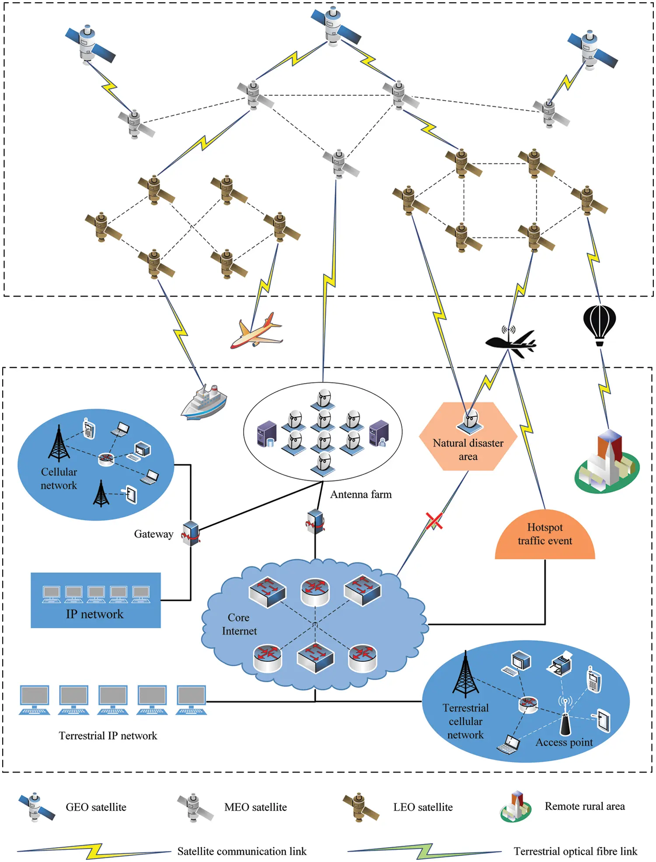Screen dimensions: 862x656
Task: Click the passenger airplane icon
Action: pos(256,332)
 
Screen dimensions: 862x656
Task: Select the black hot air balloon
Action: pos(600,324)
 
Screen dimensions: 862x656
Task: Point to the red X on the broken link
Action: pos(434,521)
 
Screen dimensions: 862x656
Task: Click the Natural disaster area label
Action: pos(468,450)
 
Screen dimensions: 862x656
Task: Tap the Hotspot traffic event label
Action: pos(544,534)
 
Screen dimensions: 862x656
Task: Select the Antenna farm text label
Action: pos(361,495)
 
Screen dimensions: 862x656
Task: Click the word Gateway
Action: pos(154,534)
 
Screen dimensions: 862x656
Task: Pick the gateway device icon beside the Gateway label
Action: pos(191,533)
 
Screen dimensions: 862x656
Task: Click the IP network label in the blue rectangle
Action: pos(95,614)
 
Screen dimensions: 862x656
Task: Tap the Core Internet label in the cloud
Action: pos(239,624)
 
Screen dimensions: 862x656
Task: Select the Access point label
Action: pos(564,742)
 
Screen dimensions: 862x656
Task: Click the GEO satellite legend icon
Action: pos(36,807)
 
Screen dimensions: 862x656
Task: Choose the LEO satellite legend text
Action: pos(423,807)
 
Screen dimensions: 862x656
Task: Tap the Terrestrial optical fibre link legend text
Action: pos(575,851)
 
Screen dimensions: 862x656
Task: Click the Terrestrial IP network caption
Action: pos(108,736)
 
